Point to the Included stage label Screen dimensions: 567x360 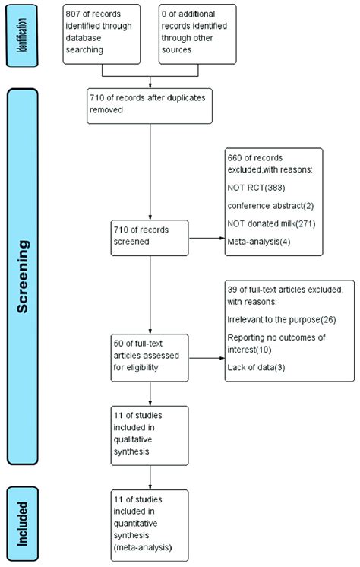click(25, 520)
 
